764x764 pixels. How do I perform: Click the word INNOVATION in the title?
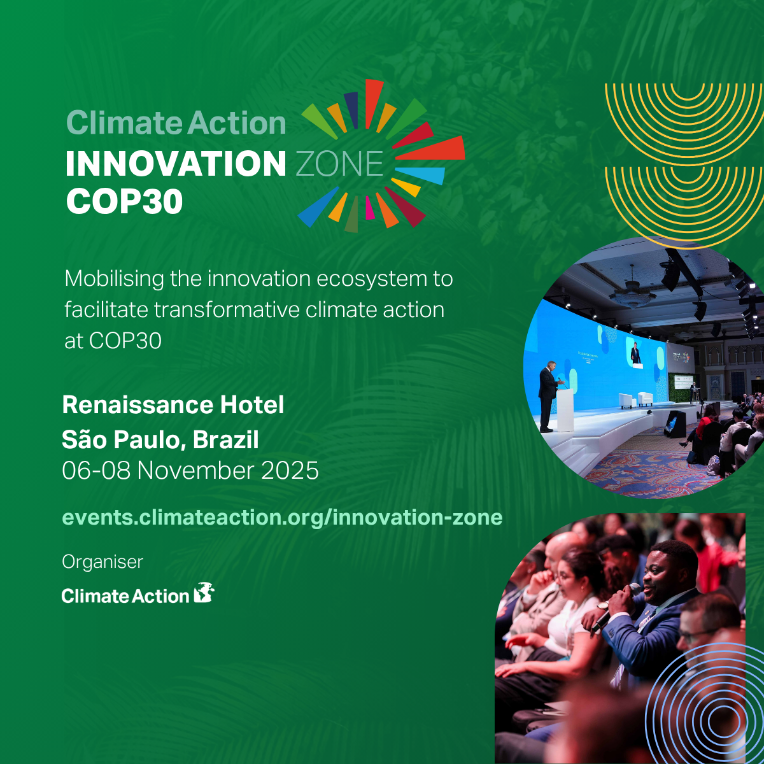point(176,164)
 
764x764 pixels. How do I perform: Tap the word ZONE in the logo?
point(339,164)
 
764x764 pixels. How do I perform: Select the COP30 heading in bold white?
point(124,201)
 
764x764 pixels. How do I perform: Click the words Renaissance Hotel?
point(173,405)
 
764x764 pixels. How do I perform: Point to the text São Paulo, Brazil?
point(160,439)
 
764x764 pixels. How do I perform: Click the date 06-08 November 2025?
point(190,470)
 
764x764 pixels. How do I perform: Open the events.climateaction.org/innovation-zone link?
point(282,517)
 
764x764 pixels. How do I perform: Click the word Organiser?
point(103,562)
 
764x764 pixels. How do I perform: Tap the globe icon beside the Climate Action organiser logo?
point(204,593)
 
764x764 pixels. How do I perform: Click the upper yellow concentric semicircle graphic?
point(684,115)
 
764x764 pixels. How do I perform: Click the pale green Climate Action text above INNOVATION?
point(176,123)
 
